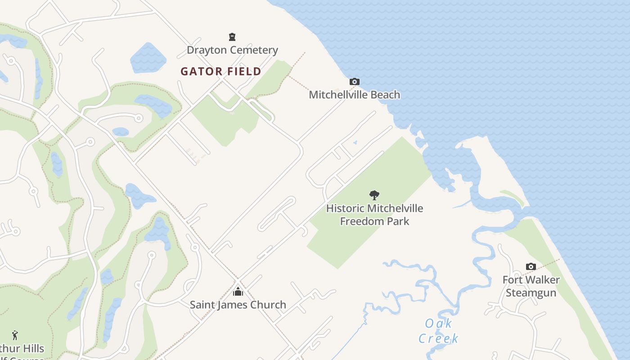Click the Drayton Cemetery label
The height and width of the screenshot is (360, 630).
232,50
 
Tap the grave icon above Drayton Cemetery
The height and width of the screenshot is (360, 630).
232,37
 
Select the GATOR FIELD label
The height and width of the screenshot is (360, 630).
220,72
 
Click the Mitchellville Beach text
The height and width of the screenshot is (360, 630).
354,94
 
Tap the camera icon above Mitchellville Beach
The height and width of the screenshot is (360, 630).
355,81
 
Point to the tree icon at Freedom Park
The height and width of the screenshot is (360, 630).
374,195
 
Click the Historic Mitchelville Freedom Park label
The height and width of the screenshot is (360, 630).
374,215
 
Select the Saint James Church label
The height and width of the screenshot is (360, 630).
238,305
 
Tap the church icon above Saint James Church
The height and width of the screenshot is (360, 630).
238,292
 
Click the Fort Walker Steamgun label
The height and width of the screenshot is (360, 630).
531,286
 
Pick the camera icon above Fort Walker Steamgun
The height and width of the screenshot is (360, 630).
531,266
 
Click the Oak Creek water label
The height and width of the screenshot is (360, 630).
438,331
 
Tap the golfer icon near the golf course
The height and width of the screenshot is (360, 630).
15,335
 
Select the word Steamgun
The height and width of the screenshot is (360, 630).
531,293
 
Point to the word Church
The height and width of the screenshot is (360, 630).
269,305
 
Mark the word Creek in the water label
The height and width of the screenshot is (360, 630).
438,338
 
